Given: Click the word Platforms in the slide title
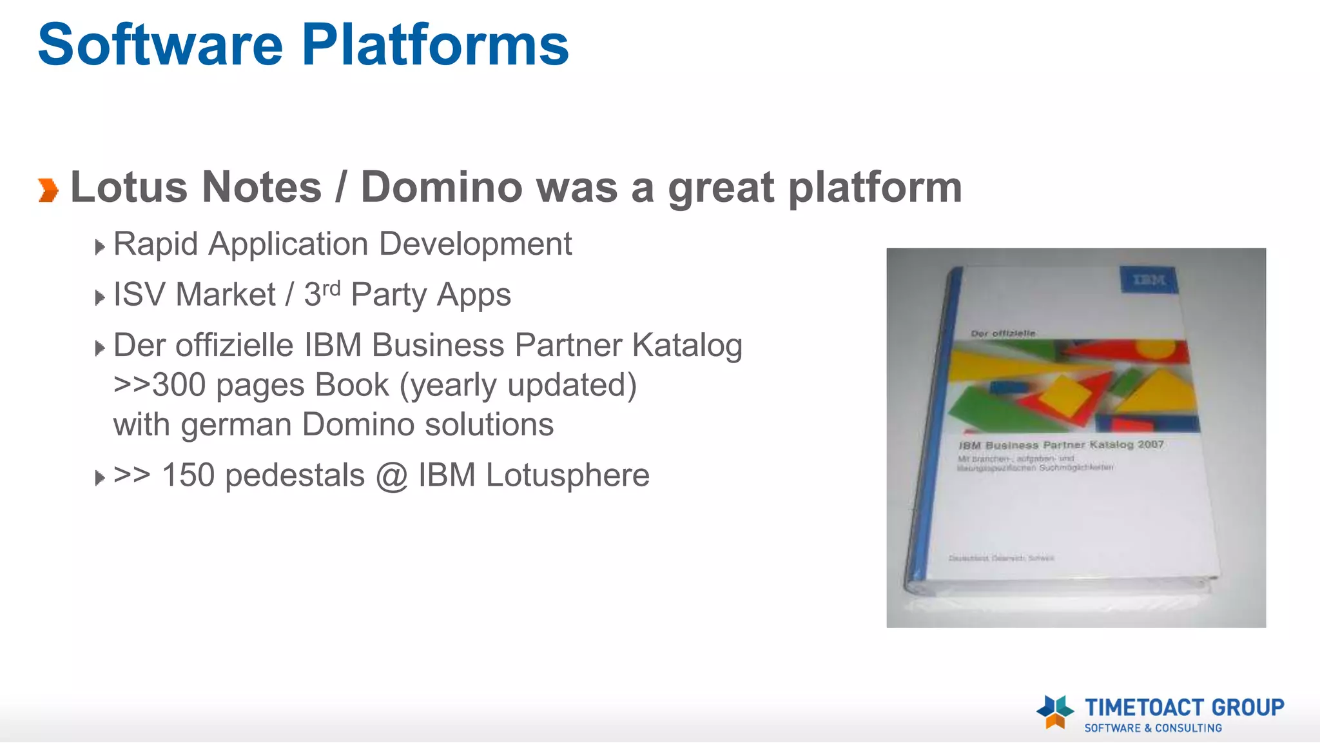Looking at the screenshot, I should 435,45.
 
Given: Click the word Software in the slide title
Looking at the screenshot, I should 160,45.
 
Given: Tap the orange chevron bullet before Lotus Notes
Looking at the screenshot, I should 48,190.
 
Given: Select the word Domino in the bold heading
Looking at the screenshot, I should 442,187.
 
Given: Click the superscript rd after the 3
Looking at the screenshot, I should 331,288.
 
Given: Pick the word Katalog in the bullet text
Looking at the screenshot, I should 687,346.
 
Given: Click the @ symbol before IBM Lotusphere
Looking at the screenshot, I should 391,476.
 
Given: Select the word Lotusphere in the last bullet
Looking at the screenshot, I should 567,475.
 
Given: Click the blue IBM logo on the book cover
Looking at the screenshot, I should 1149,280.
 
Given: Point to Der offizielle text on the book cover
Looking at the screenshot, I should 1003,333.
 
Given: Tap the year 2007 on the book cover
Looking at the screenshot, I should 1150,444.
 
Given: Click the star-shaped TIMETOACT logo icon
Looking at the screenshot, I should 1055,712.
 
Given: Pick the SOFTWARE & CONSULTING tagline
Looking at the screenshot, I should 1152,728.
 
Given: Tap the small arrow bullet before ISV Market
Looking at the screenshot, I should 99,297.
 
